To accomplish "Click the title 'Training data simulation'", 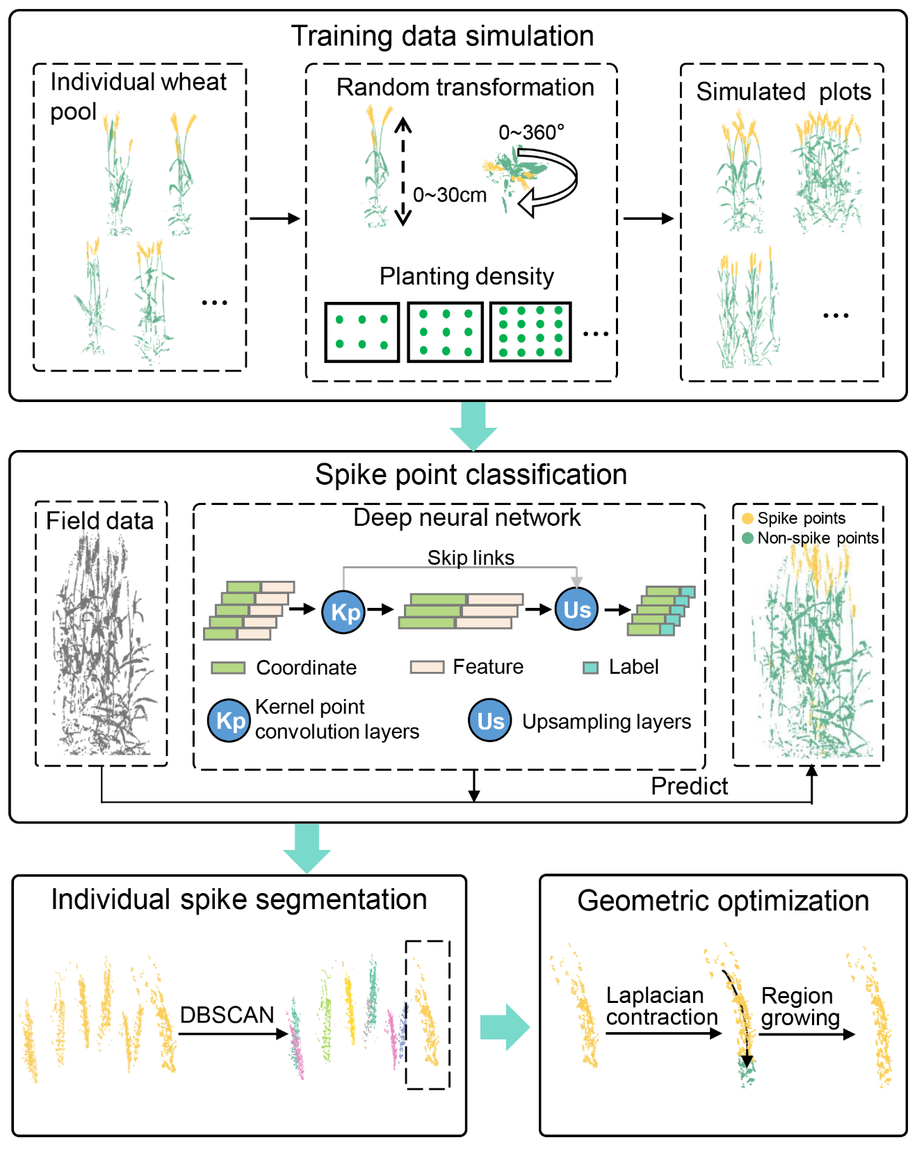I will (442, 36).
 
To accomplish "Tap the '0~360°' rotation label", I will (531, 132).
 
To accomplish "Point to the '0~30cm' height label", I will (450, 195).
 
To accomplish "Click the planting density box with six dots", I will (362, 332).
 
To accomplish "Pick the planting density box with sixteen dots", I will (530, 332).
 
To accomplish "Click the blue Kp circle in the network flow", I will (344, 611).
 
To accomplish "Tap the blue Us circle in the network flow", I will (576, 609).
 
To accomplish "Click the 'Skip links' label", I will (471, 558).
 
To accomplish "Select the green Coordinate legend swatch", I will (228, 668).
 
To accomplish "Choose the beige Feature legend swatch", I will (427, 667).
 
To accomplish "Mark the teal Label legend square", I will (590, 668).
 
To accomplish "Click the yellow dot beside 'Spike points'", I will (747, 518).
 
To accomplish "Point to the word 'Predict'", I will (689, 786).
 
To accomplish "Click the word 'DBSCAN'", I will (227, 1015).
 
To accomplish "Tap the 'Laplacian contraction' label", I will (661, 1006).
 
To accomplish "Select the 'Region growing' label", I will (800, 1006).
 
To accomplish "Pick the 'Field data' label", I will (99, 521).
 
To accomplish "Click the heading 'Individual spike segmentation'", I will (238, 899).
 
